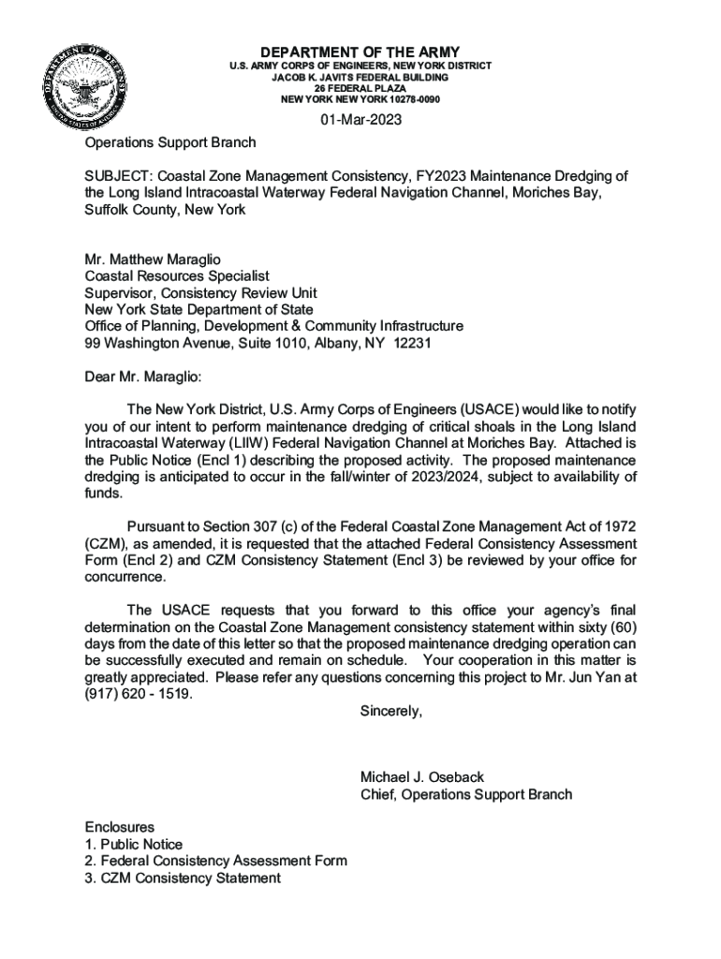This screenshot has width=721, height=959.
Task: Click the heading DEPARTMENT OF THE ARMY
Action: (x=360, y=52)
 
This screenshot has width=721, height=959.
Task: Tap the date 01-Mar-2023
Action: (x=360, y=120)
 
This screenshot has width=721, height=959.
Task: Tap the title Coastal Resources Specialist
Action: (x=177, y=276)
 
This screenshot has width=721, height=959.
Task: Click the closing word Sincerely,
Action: (x=391, y=712)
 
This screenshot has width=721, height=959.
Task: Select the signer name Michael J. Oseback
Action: (x=421, y=778)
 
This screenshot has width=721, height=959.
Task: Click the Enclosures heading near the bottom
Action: (x=120, y=828)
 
